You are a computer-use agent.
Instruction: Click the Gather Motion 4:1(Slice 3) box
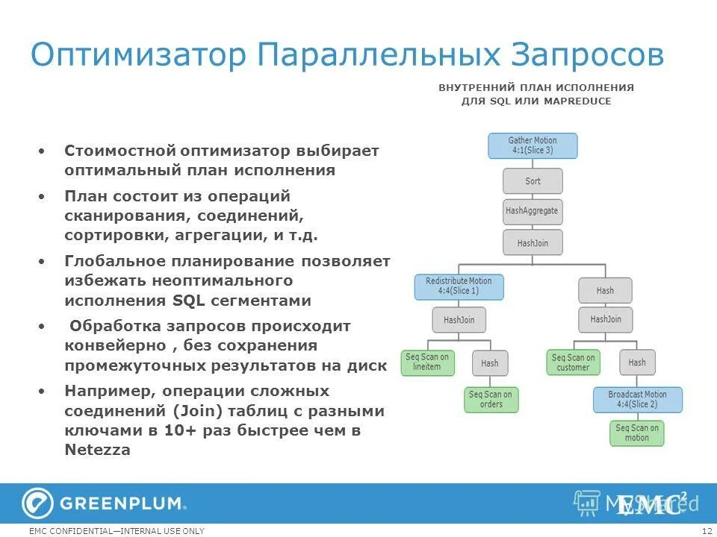click(533, 145)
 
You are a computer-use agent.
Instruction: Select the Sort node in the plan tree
click(533, 181)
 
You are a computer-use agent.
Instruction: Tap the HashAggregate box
click(532, 211)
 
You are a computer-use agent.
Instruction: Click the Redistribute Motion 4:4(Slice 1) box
click(459, 286)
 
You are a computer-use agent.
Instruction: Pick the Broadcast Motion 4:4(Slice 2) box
click(637, 400)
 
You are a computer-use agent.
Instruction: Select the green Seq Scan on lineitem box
click(427, 362)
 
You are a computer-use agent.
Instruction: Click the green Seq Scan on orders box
click(491, 400)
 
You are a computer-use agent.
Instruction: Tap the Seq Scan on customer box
click(573, 362)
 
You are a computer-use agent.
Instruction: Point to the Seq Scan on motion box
click(637, 433)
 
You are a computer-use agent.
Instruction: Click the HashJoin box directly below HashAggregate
click(533, 243)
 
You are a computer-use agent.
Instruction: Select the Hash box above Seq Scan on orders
click(490, 363)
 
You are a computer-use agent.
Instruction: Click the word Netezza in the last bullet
click(97, 450)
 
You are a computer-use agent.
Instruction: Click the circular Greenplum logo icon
click(37, 503)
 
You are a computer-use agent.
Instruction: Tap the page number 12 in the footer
click(707, 531)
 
